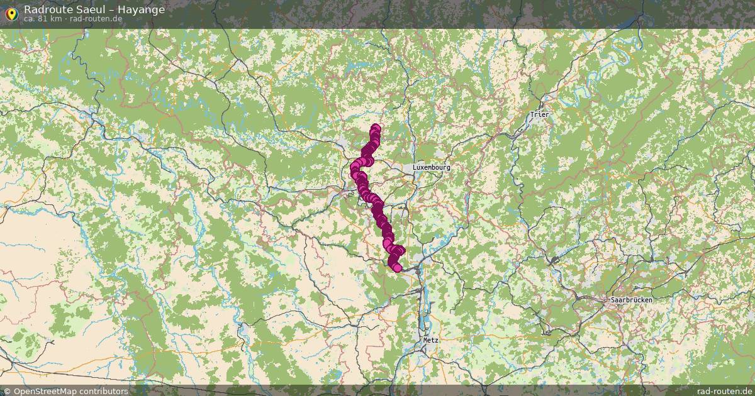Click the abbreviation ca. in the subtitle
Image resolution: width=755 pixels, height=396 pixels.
tap(30, 19)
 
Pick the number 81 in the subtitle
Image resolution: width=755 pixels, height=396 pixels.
tap(42, 19)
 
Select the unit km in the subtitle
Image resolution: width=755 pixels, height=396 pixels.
tap(55, 19)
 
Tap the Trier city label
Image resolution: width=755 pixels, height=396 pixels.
tap(540, 114)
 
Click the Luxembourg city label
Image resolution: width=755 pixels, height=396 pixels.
tap(431, 168)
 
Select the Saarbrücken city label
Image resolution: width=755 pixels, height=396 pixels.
tap(631, 300)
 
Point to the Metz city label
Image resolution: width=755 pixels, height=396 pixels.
tap(431, 339)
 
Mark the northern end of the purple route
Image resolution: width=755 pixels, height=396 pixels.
tap(376, 128)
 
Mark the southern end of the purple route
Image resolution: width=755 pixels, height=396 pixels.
tap(397, 268)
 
